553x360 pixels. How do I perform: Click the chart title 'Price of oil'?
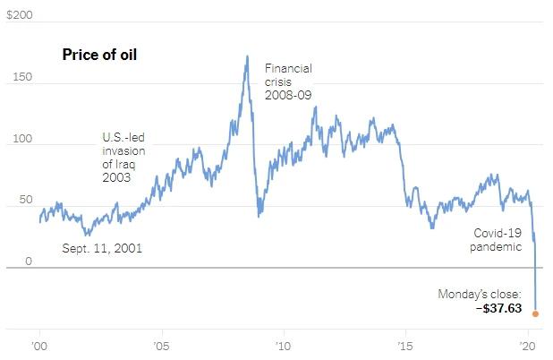coord(98,55)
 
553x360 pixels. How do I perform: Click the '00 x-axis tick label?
coord(39,345)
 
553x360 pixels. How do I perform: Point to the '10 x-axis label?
coord(284,345)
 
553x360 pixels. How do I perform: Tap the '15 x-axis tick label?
coord(405,345)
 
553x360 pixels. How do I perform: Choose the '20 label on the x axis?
coord(527,345)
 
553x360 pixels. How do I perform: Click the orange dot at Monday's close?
coord(535,313)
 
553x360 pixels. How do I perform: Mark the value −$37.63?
coord(498,308)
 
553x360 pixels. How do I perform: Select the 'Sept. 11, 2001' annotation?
coord(102,248)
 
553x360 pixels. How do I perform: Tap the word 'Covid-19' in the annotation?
coord(497,233)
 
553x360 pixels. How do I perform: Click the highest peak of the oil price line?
coord(247,56)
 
